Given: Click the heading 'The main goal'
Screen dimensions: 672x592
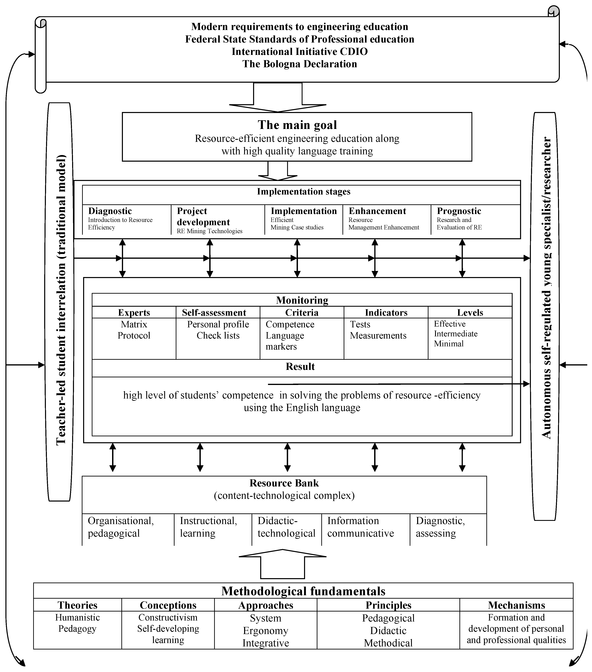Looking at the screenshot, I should point(297,125).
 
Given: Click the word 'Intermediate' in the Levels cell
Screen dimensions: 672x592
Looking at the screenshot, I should point(455,334).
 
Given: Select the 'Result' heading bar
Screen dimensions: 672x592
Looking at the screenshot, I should point(300,366).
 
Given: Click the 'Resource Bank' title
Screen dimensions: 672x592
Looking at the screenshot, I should point(284,483).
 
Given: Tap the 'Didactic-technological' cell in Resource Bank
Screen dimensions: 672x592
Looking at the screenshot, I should point(286,527).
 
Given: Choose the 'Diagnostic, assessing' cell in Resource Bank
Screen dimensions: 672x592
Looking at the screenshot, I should point(440,527).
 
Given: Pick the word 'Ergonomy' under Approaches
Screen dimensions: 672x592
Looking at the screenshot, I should point(265,631).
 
